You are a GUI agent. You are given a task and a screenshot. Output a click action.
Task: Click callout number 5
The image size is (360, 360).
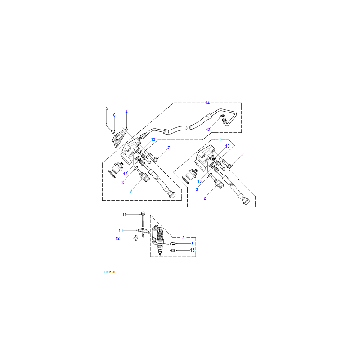coord(107,108)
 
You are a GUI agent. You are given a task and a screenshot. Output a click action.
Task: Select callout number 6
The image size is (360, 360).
coord(114,115)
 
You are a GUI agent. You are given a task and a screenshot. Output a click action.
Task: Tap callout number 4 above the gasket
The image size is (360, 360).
coord(126,112)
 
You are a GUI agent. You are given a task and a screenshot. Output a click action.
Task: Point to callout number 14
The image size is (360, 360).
coord(207,103)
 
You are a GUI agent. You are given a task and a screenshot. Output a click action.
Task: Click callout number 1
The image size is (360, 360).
coord(220,139)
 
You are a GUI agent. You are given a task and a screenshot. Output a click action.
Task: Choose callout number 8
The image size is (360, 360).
coord(184,238)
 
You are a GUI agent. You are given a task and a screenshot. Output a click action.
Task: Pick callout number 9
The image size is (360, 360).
coord(193,243)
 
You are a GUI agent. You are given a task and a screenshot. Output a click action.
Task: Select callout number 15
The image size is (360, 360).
coord(193,250)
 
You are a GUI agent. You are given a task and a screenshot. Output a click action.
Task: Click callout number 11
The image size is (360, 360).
coord(124,215)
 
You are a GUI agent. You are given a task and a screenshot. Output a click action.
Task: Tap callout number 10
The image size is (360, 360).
coord(121,230)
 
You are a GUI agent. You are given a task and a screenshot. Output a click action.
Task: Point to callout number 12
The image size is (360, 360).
coord(117,238)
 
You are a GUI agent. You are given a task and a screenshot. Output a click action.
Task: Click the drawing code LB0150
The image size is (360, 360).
coord(109,272)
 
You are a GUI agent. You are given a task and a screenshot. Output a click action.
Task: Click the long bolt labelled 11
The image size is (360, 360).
coord(143,220)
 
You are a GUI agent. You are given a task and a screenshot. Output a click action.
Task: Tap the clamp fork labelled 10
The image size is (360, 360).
coord(144,232)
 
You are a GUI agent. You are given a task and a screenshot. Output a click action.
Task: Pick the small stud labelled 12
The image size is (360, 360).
coord(136,238)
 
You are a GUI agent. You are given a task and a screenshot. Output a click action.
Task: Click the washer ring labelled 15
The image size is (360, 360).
coord(173,250)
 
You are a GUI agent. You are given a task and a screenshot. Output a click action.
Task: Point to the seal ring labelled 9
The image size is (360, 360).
coord(173,243)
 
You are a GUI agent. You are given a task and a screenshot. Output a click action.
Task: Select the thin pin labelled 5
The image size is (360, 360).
coord(109,128)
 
